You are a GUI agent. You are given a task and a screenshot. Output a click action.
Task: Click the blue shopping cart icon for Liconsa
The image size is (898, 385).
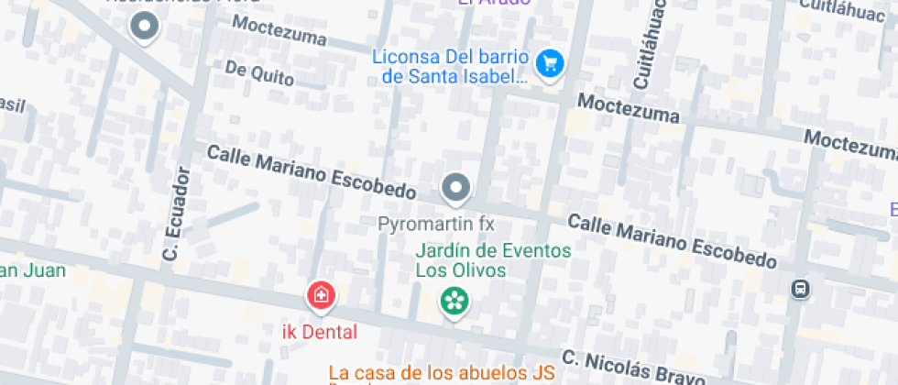(x=550, y=63)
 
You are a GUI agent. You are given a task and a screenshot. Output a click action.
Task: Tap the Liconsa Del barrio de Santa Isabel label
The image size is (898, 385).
(x=451, y=66)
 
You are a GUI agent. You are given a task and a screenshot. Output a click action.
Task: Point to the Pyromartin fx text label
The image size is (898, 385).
(x=436, y=223)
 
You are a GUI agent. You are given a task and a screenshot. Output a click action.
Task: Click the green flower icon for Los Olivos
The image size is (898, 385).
(x=453, y=300)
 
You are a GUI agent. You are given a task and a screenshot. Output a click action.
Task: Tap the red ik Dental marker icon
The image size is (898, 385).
(x=321, y=295)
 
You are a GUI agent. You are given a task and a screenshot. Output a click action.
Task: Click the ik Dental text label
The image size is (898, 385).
(x=319, y=330)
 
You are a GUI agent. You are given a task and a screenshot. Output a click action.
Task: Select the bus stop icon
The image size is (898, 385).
(x=800, y=290)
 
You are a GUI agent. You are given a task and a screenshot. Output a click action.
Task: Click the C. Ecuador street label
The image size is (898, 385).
(x=175, y=214)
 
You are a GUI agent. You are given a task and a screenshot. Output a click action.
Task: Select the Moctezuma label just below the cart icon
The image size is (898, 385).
(x=628, y=108)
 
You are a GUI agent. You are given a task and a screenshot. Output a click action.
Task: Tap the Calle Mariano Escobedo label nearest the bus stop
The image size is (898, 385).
(x=672, y=240)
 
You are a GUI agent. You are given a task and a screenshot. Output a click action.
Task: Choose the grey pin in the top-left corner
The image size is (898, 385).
(x=145, y=27)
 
